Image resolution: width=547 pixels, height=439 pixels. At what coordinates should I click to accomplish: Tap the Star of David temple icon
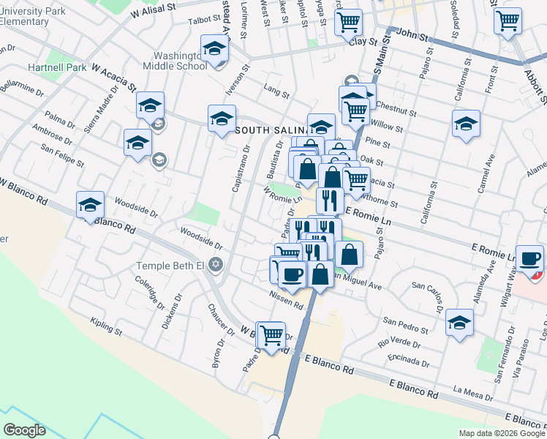click(x=215, y=263)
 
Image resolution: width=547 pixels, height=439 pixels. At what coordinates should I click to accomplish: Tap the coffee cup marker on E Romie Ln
click(x=529, y=259)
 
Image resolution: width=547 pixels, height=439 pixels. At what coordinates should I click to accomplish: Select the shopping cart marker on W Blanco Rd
click(x=272, y=335)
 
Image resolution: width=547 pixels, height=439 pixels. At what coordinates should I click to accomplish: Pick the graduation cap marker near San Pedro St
click(x=459, y=322)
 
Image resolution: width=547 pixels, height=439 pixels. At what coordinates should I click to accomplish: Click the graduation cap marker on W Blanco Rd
click(x=91, y=205)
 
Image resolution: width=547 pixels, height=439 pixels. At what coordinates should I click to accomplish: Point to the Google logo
click(x=25, y=430)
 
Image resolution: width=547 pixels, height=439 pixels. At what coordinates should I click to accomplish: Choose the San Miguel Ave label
click(x=356, y=281)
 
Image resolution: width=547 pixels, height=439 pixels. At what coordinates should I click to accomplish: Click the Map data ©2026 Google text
click(x=502, y=433)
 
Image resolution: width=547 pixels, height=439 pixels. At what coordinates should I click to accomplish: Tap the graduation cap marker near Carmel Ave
click(x=465, y=123)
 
